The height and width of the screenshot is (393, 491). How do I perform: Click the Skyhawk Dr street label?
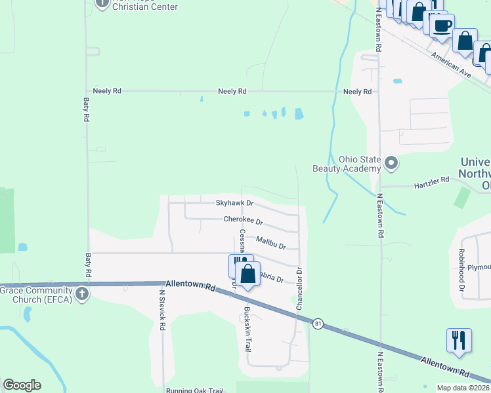pyautogui.click(x=235, y=203)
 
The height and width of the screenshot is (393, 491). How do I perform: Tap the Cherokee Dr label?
pyautogui.click(x=243, y=221)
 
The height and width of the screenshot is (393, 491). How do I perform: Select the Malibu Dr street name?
pyautogui.click(x=271, y=243)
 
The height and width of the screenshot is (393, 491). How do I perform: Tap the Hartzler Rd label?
pyautogui.click(x=431, y=179)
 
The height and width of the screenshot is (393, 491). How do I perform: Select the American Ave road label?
pyautogui.click(x=452, y=65)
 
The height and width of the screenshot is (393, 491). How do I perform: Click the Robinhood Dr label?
pyautogui.click(x=462, y=271)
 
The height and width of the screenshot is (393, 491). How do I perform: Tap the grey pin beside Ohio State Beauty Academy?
pyautogui.click(x=392, y=162)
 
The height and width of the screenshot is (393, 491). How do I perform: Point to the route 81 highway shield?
pyautogui.click(x=318, y=324)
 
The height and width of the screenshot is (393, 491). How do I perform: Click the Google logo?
pyautogui.click(x=22, y=385)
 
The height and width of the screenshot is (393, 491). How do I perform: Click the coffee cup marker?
pyautogui.click(x=442, y=26)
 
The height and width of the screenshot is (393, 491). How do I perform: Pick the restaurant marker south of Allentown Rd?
pyautogui.click(x=458, y=340)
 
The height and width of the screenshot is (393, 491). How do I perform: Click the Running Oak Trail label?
pyautogui.click(x=195, y=391)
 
